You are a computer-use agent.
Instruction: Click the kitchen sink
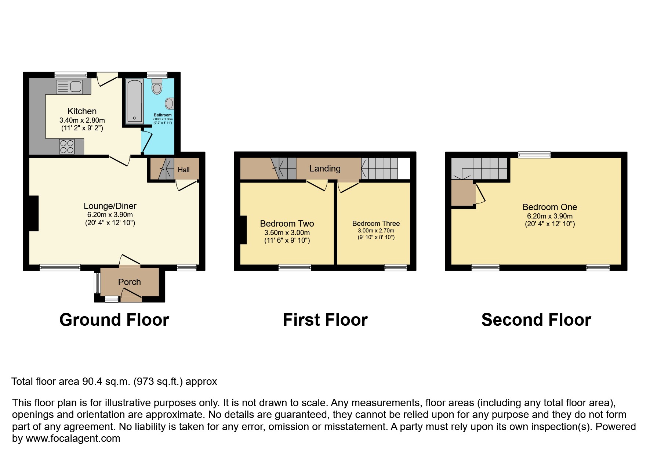point(69,87)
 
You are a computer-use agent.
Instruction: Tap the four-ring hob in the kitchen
point(67,147)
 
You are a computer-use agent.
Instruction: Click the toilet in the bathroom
point(157,87)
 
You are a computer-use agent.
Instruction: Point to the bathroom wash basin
point(169,104)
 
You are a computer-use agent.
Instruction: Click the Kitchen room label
point(82,111)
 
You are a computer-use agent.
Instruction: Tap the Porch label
point(129,282)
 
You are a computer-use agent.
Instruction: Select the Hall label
point(184,170)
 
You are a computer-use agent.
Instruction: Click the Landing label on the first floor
point(325,169)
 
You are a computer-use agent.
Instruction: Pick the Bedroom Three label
point(376,224)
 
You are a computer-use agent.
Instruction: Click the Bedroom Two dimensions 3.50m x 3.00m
point(287,233)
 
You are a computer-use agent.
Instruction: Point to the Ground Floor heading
point(114,320)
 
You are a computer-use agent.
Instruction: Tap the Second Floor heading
point(536,320)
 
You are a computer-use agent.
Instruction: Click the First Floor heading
point(325,320)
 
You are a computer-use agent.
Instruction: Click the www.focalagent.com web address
point(73,438)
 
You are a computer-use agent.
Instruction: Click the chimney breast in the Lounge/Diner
point(34,213)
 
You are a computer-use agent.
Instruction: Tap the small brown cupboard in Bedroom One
point(462,193)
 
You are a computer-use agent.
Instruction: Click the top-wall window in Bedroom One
point(534,155)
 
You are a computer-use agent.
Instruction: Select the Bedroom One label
point(549,207)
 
